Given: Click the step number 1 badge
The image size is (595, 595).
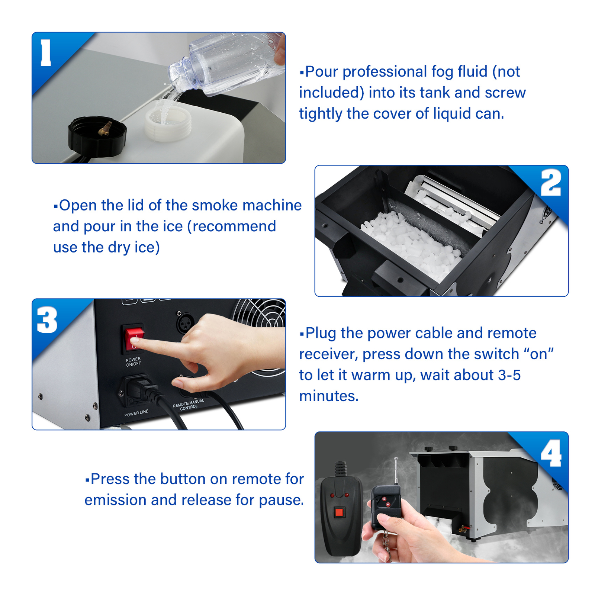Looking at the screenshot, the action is [x=46, y=53].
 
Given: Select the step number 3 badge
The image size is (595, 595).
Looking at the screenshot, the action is [x=47, y=320].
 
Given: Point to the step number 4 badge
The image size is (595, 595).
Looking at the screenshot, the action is [x=551, y=453].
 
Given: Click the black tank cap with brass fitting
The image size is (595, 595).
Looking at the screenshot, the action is [x=97, y=136].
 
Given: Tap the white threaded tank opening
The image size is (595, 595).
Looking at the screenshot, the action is [x=168, y=123].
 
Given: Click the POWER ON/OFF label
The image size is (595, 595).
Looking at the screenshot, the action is [x=133, y=362].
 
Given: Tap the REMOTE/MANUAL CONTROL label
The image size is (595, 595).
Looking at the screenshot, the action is [x=189, y=405].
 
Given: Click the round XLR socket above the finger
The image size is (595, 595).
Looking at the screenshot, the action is [x=185, y=323].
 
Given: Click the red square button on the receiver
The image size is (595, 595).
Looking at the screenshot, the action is [x=339, y=513].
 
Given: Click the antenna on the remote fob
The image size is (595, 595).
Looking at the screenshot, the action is [x=396, y=471].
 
